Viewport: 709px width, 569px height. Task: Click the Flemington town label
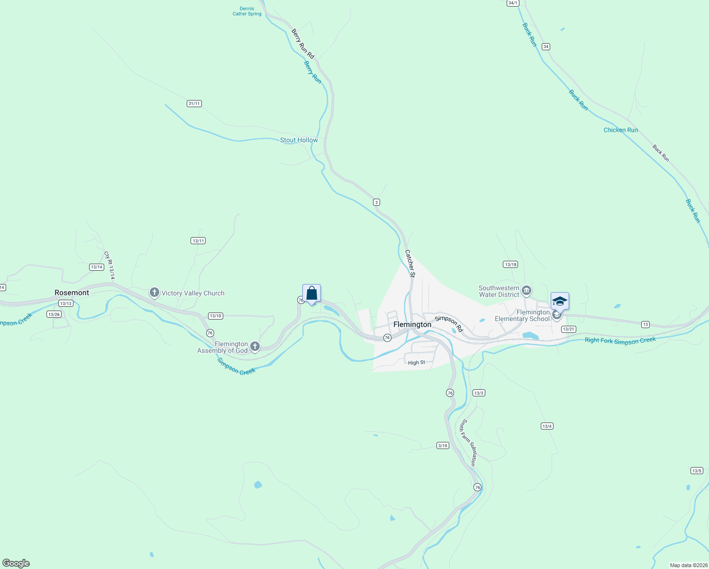coord(412,325)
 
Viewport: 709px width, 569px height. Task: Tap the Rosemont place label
coord(72,293)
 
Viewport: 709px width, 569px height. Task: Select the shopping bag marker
coord(311,294)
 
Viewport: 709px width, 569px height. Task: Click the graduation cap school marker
coord(560,301)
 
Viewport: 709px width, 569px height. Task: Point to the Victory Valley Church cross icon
coord(154,293)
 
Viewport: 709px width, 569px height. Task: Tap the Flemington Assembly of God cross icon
coord(255,347)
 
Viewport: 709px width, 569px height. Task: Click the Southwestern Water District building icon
coord(526,290)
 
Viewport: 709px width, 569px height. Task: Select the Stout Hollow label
coord(299,140)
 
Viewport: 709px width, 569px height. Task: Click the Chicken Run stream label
coord(620,130)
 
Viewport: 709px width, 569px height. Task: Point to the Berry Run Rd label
coord(303,44)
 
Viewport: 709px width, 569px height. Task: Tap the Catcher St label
coord(410,263)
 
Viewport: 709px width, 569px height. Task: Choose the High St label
coord(417,363)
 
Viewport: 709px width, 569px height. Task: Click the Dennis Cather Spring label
coord(247,11)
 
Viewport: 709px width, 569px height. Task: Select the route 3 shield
coord(376,202)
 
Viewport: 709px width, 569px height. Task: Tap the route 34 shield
coord(546,46)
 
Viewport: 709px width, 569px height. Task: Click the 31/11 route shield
coord(194,103)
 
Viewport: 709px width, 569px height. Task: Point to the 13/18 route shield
coord(510,265)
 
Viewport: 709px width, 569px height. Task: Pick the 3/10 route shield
coord(443,446)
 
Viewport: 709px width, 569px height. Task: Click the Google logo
coord(16,563)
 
